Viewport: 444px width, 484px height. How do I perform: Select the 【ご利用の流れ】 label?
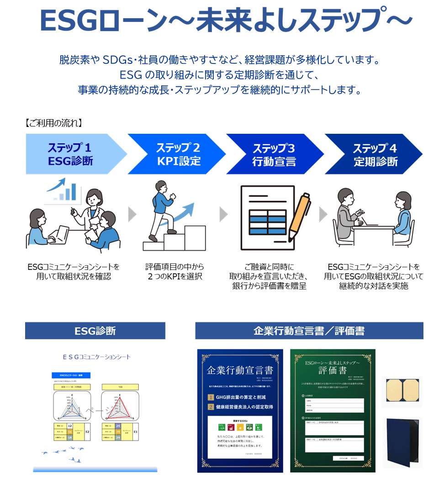click(53, 123)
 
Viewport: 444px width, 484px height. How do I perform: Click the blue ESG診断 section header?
click(95, 331)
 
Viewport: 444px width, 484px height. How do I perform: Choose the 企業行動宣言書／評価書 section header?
click(309, 331)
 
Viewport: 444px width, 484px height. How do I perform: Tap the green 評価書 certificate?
click(333, 410)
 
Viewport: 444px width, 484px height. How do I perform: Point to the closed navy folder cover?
click(401, 442)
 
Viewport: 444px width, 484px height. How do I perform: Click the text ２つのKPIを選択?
click(175, 277)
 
